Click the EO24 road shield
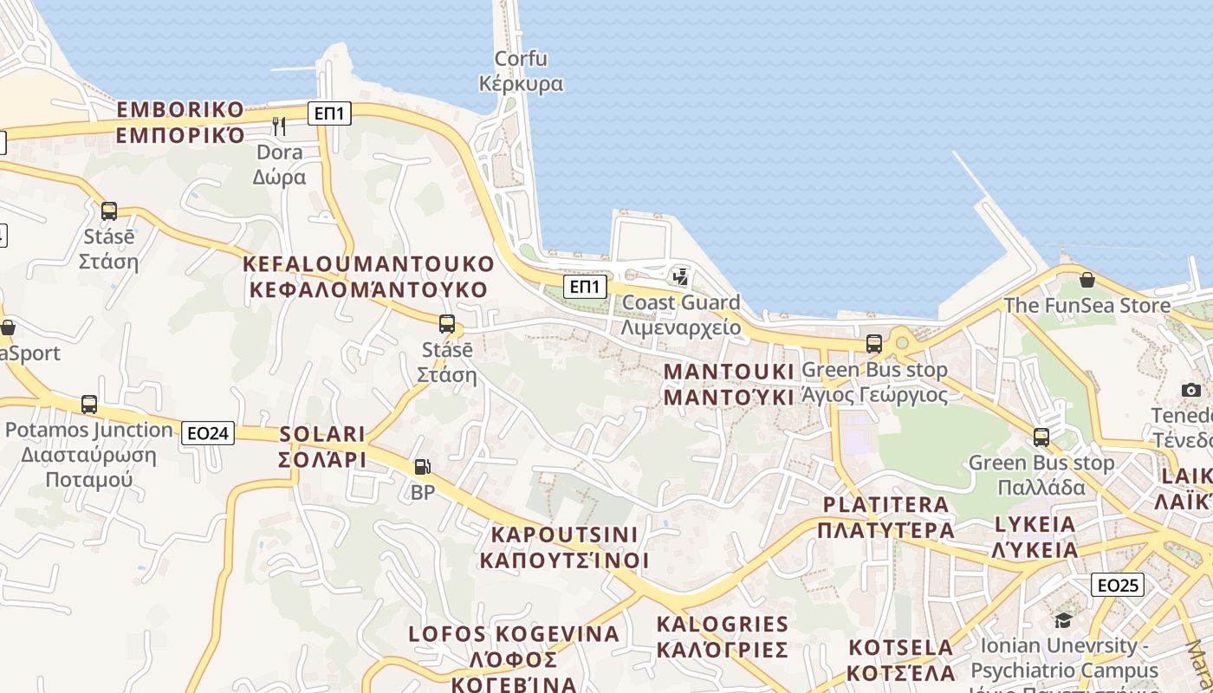tap(208, 432)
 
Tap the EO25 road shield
tap(1117, 585)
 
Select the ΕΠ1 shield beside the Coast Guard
tap(585, 286)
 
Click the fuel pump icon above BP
tap(422, 467)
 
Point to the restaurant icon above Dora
tap(279, 126)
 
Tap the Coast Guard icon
tap(681, 277)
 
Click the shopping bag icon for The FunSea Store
tap(1087, 280)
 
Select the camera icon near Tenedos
tap(1191, 390)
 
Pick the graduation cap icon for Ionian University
tap(1063, 620)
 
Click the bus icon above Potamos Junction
tap(89, 404)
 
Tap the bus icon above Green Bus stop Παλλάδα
tap(1041, 437)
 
